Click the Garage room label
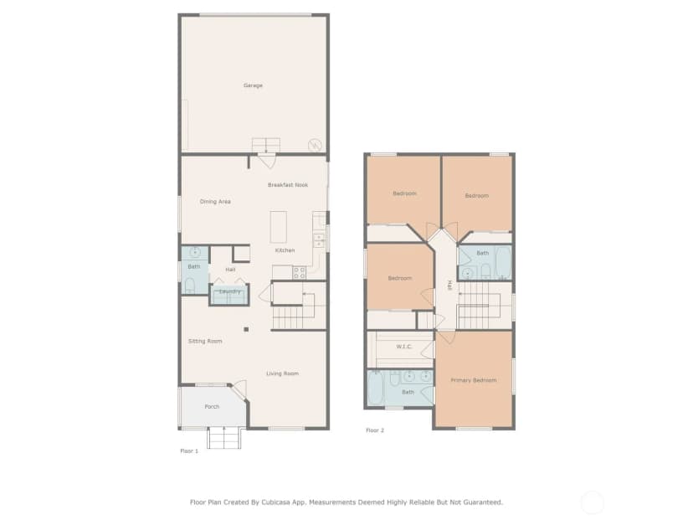(253, 85)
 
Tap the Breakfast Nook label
(288, 185)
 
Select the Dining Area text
(215, 202)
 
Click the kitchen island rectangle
(279, 227)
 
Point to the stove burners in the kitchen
(299, 272)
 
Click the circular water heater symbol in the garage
(315, 145)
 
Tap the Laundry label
(230, 291)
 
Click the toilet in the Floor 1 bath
(190, 286)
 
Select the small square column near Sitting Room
(246, 329)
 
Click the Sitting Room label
(205, 342)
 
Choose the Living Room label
(282, 373)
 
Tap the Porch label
(212, 407)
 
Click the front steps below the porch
(224, 438)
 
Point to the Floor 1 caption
(189, 451)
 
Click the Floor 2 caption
(375, 430)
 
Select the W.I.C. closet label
(404, 347)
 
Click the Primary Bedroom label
(474, 380)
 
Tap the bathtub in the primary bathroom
(376, 388)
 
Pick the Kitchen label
(285, 250)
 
